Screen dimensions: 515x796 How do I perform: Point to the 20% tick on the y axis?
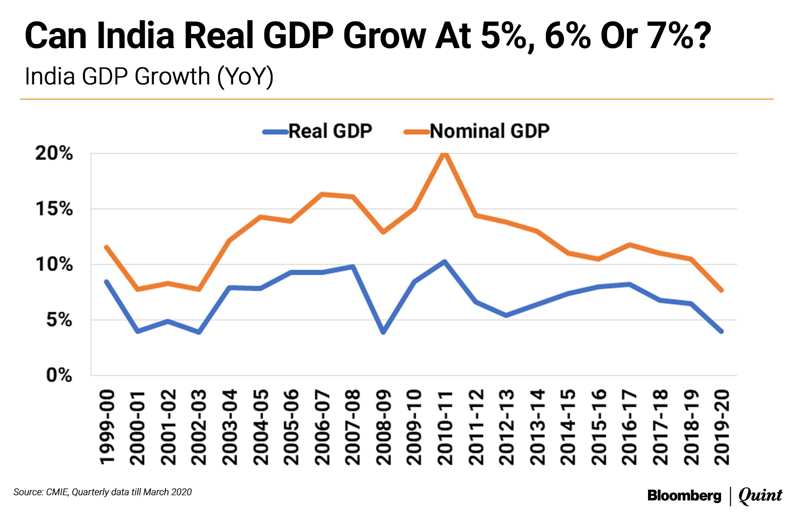[54, 153]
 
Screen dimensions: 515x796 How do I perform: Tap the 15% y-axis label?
[54, 209]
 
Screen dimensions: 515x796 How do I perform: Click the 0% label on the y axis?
[59, 375]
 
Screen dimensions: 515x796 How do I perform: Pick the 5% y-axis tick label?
[59, 320]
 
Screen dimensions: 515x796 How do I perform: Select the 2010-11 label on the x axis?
[444, 427]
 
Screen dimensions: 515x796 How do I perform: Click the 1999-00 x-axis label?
[107, 427]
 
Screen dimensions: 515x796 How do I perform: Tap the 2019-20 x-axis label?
[722, 427]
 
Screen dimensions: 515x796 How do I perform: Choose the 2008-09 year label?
[383, 427]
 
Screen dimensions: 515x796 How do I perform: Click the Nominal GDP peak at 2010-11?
[444, 154]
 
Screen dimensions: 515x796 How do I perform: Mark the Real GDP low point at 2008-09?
[383, 332]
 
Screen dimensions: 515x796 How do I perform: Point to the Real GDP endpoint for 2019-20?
[721, 331]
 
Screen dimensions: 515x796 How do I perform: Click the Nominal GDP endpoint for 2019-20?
[721, 290]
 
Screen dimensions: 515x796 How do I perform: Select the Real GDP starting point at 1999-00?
[107, 282]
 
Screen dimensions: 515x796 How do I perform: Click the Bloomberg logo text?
[684, 496]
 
